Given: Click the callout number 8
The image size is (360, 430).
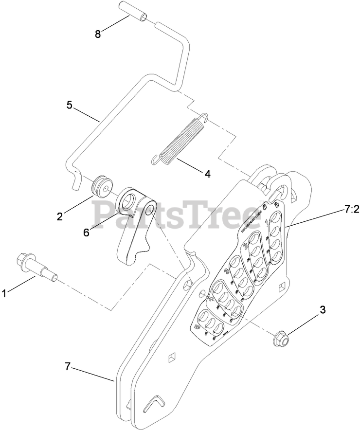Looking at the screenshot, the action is [97, 35].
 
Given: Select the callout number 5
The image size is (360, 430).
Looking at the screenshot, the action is [69, 105].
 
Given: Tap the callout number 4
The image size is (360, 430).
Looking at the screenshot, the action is [207, 173].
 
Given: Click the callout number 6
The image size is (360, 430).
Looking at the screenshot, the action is [86, 232].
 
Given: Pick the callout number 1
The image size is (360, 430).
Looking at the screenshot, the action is [4, 293].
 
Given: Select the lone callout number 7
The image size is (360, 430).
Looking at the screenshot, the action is [68, 367].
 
